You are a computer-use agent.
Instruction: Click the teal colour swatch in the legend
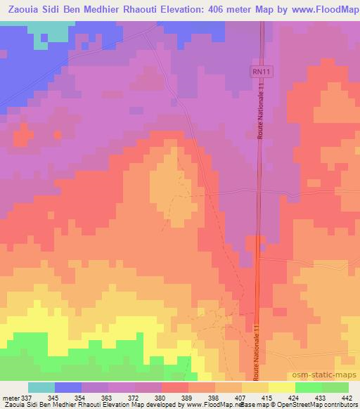point(41,387)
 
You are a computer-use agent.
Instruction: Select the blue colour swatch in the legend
point(68,387)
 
